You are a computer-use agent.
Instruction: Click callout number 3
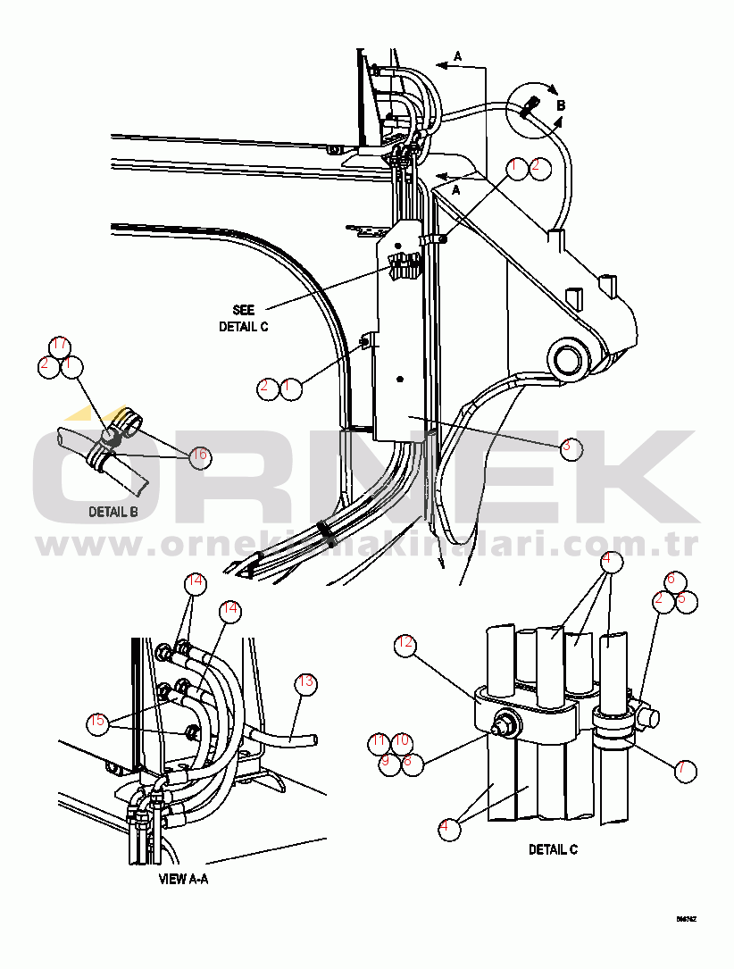coord(571,448)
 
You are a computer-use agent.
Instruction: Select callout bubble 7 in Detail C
coord(686,768)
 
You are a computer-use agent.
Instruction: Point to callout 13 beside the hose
coord(306,683)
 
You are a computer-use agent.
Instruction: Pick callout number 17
coord(59,346)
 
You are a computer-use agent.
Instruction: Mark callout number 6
coord(676,581)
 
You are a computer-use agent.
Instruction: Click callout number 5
coord(686,600)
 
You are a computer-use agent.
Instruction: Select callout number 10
coord(402,741)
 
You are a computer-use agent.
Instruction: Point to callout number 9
coord(389,763)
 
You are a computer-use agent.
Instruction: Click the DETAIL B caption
coord(113,513)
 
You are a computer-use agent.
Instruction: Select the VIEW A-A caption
coord(183,879)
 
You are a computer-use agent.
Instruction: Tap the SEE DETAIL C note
coord(243,318)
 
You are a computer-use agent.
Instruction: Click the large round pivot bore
coord(569,360)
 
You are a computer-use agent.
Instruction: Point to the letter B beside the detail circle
coord(561,105)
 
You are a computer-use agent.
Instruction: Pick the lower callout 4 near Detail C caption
coord(444,828)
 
